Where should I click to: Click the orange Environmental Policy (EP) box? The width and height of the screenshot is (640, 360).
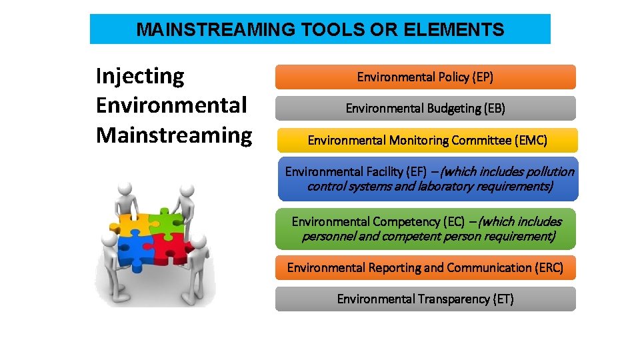click(x=425, y=77)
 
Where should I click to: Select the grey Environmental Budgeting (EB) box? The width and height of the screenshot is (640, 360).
click(x=425, y=108)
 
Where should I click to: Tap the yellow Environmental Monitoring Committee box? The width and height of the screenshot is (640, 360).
click(x=427, y=140)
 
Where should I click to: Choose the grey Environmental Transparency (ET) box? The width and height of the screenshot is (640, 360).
click(x=425, y=299)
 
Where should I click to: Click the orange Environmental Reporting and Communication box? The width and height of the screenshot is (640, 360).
click(x=425, y=267)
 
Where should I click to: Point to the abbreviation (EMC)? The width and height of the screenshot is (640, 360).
click(x=531, y=140)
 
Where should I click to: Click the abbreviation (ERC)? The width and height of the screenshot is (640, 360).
click(x=549, y=267)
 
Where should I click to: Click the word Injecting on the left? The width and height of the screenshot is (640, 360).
click(x=140, y=76)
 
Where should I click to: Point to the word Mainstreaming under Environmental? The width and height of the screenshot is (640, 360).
click(x=174, y=135)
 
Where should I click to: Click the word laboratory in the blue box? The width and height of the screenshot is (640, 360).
click(x=451, y=186)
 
